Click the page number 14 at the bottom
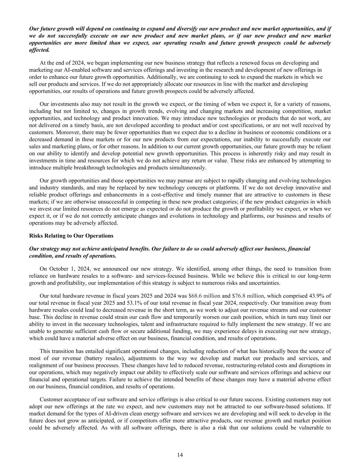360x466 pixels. [180, 455]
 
